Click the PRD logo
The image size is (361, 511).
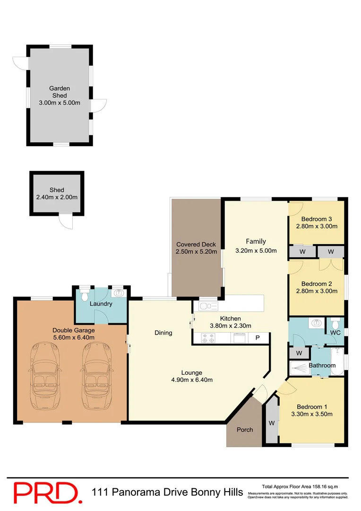coord(45,493)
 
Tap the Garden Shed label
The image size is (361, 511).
coord(60,92)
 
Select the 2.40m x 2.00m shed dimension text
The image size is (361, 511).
coord(57,197)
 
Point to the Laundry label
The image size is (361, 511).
coord(101,303)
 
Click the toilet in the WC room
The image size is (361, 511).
coord(335,325)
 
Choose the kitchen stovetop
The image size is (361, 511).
coord(208,338)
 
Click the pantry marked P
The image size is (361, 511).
coord(258,338)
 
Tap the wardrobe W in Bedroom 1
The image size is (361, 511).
coord(272,423)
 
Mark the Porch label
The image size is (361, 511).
coord(244,430)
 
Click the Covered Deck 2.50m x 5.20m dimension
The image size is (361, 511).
coord(196,252)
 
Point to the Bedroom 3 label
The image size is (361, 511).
coord(317,219)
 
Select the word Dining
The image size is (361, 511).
coord(163,333)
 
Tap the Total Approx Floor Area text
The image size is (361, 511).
coord(300,486)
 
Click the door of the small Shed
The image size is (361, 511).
coord(66,222)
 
